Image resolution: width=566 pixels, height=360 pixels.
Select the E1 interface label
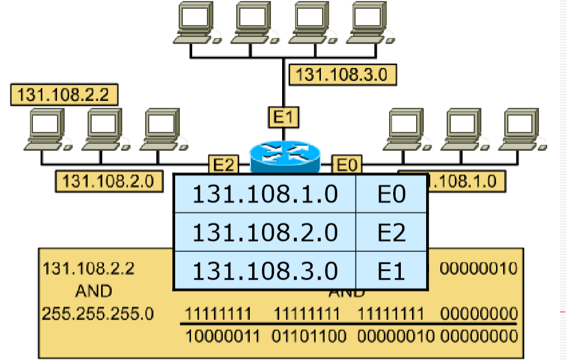(x=283, y=117)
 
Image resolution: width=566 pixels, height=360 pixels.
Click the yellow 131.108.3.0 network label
(x=343, y=75)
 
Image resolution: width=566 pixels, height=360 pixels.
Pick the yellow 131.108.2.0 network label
(x=109, y=181)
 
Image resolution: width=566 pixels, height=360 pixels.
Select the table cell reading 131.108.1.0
(x=265, y=194)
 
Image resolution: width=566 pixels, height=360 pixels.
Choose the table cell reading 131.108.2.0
(x=265, y=233)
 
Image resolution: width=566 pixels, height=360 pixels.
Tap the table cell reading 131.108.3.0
(x=265, y=270)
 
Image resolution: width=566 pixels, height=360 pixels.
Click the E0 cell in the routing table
(x=391, y=194)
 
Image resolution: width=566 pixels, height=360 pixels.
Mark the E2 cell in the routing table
(x=391, y=233)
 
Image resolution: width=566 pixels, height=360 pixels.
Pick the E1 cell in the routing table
(x=391, y=270)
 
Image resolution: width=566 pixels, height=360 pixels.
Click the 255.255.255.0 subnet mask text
(x=97, y=314)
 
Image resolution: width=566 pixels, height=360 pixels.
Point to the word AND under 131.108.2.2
(x=93, y=291)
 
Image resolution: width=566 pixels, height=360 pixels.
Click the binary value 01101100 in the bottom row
(x=306, y=336)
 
